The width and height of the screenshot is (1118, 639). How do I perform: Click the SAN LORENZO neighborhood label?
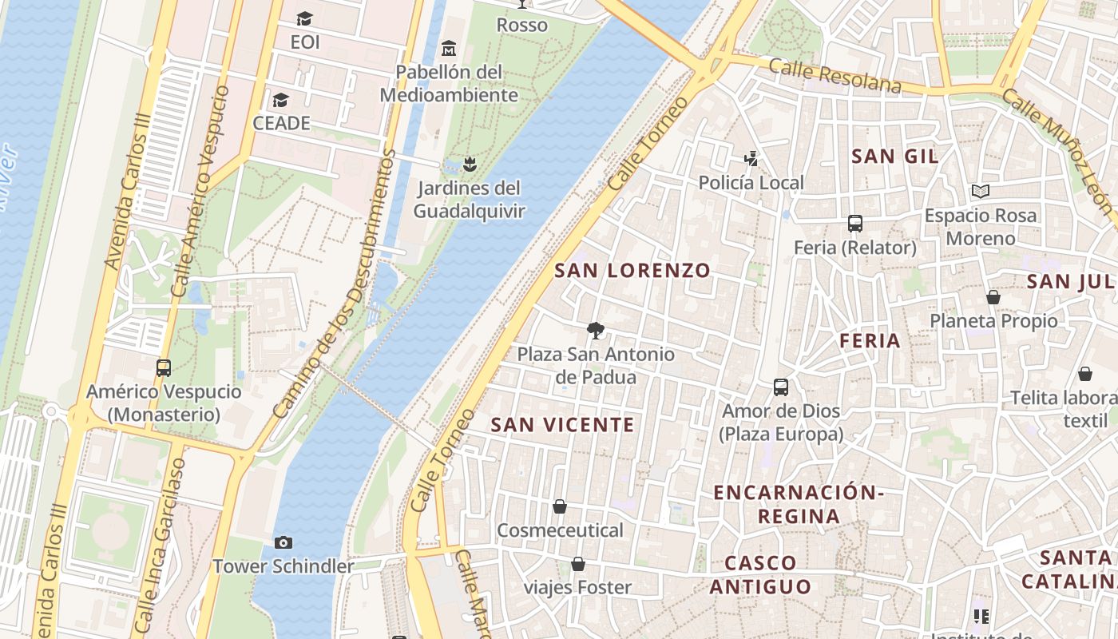632,270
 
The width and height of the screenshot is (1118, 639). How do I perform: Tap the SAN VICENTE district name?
562,425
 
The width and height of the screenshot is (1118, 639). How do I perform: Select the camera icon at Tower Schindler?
283,543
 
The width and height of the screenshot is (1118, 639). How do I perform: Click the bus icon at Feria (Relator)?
855,224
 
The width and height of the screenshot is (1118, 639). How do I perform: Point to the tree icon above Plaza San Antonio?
595,331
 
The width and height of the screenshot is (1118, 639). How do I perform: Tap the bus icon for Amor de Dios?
781,387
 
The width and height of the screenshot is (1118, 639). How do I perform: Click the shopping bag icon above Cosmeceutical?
560,506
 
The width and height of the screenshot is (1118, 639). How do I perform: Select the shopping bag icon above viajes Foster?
578,565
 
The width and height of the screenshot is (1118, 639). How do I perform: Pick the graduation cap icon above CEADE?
280,100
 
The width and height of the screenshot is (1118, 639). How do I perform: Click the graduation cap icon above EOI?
304,18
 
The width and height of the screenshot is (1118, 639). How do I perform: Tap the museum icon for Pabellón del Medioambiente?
449,48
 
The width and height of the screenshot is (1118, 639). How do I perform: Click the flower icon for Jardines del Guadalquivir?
470,165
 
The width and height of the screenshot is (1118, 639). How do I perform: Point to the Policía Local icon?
751,159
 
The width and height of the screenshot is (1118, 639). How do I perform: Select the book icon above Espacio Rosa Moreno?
981,192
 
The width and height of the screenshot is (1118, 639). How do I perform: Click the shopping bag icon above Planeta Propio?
993,297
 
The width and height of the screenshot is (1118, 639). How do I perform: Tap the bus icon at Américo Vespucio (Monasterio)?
164,368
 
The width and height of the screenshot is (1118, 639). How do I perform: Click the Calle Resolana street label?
835,76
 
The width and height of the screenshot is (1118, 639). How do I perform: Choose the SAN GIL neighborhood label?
894,156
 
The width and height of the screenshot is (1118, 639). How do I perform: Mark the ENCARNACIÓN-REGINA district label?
798,504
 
